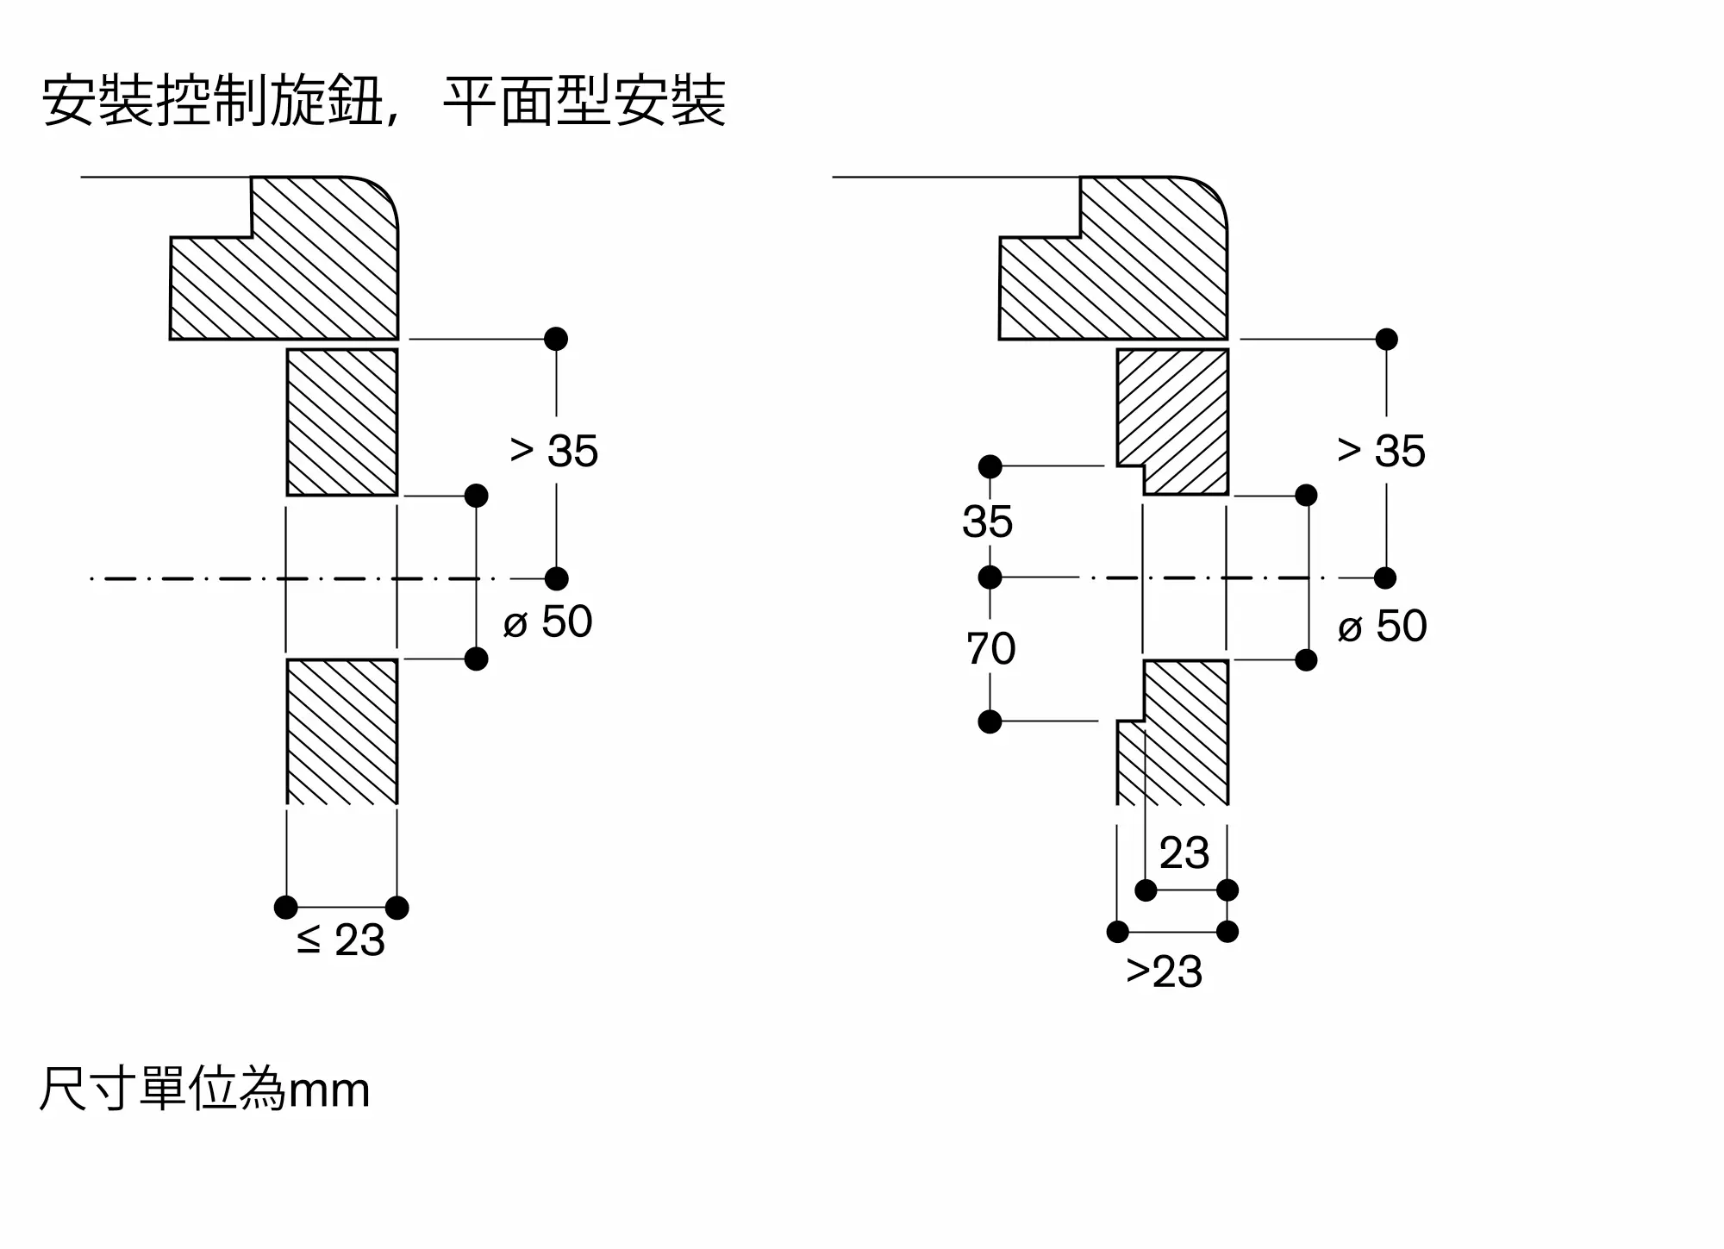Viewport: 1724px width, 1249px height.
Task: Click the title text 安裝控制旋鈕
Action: pyautogui.click(x=212, y=102)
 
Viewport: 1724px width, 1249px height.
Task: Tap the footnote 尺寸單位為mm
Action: pyautogui.click(x=205, y=1089)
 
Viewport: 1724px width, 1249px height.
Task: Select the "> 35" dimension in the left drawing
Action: pyautogui.click(x=553, y=451)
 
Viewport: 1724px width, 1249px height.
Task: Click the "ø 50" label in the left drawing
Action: pyautogui.click(x=548, y=621)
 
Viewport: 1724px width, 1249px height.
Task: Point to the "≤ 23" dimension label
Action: pyautogui.click(x=340, y=940)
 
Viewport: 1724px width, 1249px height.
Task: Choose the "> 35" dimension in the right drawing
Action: pyautogui.click(x=1381, y=451)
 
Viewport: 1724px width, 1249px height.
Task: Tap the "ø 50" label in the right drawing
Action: pyautogui.click(x=1383, y=626)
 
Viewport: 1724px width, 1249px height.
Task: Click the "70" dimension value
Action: pyautogui.click(x=990, y=648)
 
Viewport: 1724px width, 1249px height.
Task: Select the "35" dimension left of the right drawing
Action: pyautogui.click(x=987, y=521)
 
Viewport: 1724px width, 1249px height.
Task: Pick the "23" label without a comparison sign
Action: pyautogui.click(x=1184, y=853)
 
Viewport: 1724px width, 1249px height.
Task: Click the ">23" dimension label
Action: pyautogui.click(x=1164, y=972)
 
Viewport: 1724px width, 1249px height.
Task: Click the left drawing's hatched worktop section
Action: pyautogui.click(x=284, y=258)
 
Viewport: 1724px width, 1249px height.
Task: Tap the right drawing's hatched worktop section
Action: pyautogui.click(x=1114, y=258)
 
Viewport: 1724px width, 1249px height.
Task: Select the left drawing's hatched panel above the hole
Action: pyautogui.click(x=342, y=422)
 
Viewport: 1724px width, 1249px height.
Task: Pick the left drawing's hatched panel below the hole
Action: pyautogui.click(x=342, y=732)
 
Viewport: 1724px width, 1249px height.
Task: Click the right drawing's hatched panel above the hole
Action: pyautogui.click(x=1172, y=422)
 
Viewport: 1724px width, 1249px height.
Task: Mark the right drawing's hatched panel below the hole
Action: pyautogui.click(x=1172, y=733)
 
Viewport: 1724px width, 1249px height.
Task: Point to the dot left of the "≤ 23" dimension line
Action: pyautogui.click(x=286, y=907)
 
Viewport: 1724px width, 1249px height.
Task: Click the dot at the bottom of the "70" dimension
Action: pyautogui.click(x=990, y=721)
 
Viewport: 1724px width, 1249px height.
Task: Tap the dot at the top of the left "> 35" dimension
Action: pyautogui.click(x=556, y=339)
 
